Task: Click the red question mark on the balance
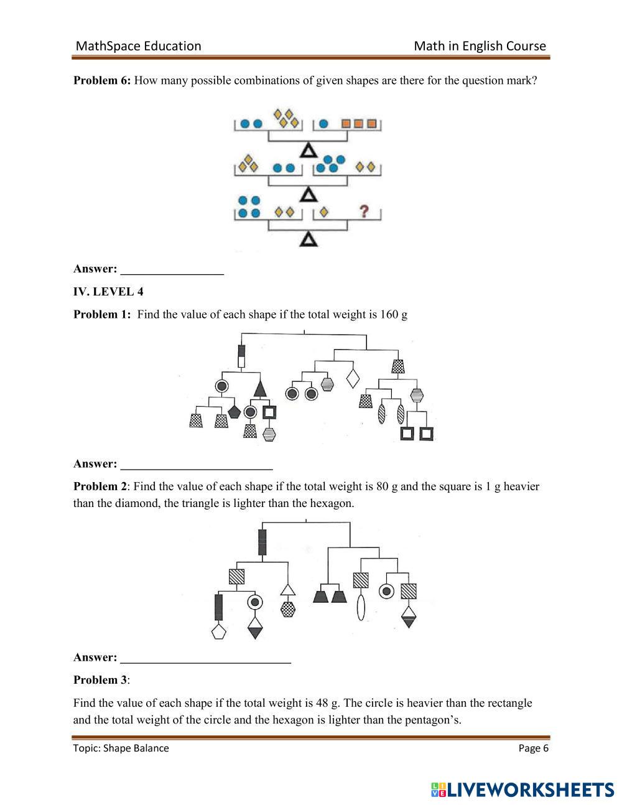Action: [364, 212]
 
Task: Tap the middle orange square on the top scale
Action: [358, 124]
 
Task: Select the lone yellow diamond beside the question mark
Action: [323, 213]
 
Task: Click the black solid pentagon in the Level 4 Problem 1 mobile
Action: [234, 411]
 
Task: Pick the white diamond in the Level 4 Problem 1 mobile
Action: [353, 378]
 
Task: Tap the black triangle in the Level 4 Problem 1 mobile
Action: [260, 389]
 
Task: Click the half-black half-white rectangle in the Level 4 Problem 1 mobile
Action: [241, 356]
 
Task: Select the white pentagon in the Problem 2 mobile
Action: [218, 632]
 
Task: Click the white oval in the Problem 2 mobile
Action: [360, 607]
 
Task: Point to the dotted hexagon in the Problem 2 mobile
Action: [287, 609]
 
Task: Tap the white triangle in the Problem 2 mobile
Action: [287, 589]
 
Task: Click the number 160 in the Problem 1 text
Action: [389, 314]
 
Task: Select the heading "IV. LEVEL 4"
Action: [108, 292]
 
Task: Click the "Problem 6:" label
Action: [102, 80]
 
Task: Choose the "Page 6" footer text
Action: [533, 748]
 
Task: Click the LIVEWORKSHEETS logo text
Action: [529, 789]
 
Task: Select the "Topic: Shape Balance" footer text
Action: [121, 748]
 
